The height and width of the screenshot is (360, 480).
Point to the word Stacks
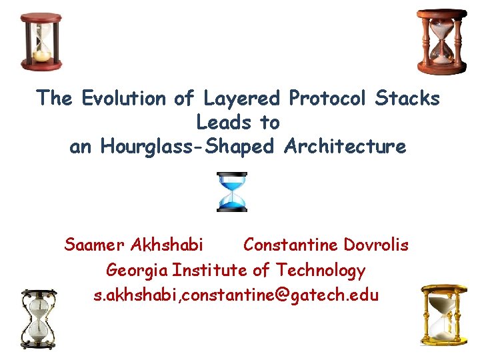(x=408, y=99)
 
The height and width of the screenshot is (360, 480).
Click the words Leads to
(x=238, y=123)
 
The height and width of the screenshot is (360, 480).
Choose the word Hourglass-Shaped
(x=187, y=147)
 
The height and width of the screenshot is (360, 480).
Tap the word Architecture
(x=345, y=147)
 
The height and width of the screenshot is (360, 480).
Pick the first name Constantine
(x=291, y=245)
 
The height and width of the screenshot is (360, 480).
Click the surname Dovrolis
(x=377, y=245)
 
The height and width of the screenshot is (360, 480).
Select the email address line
(x=237, y=294)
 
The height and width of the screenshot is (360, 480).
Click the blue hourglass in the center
(x=232, y=192)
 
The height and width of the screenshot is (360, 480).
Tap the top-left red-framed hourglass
(x=41, y=40)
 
